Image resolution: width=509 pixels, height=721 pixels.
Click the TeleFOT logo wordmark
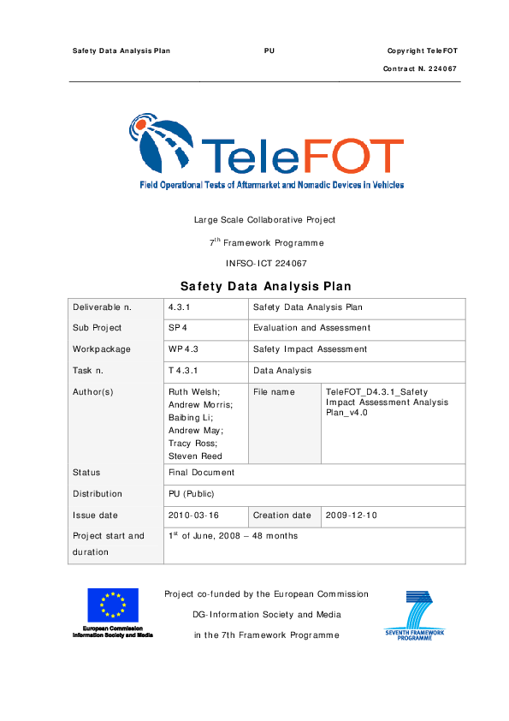tap(300, 156)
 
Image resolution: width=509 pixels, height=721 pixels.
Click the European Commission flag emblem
tap(112, 605)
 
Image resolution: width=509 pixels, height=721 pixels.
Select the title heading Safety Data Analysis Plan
tap(265, 286)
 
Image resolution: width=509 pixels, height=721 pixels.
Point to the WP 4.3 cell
tap(184, 349)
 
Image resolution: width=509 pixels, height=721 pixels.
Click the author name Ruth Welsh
tap(194, 391)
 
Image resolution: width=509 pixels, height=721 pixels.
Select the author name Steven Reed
tap(196, 456)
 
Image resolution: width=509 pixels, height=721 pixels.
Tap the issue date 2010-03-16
tap(194, 515)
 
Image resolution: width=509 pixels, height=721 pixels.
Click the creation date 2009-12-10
tap(352, 515)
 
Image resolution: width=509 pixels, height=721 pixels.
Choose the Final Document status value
tap(202, 472)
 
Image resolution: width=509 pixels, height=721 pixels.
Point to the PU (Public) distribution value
tap(192, 493)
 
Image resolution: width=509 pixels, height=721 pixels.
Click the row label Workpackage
tap(102, 349)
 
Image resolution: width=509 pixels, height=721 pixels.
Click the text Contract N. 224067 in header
tap(420, 68)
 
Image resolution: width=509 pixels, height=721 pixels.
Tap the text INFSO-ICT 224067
tap(265, 264)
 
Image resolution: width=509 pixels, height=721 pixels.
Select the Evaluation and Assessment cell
tap(312, 327)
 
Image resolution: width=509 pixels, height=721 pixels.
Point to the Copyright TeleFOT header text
tap(422, 51)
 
